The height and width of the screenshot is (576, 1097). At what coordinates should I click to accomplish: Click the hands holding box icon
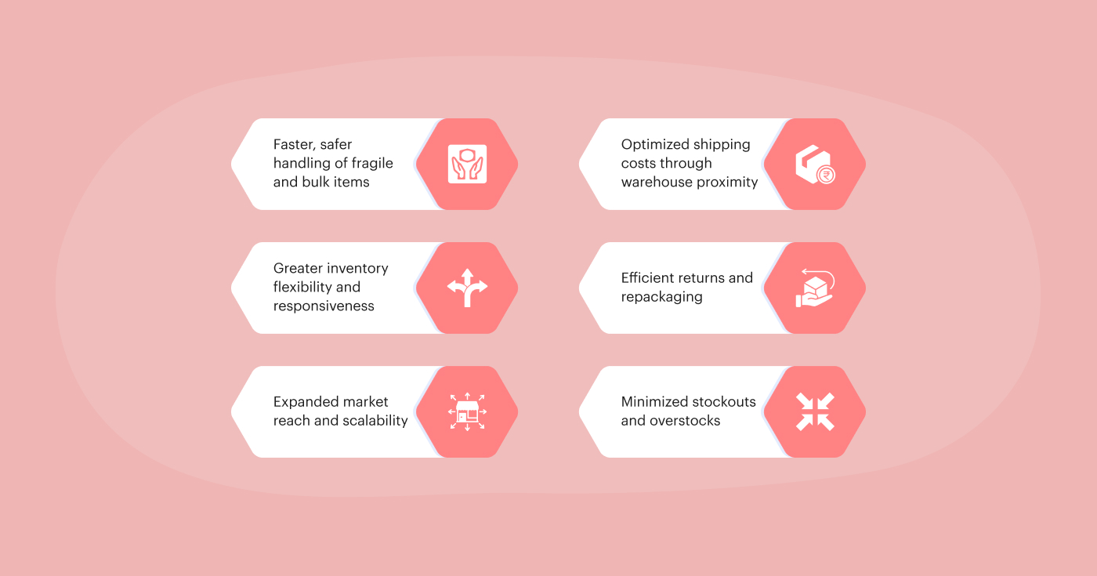[467, 164]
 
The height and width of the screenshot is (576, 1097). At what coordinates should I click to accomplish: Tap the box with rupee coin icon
[815, 165]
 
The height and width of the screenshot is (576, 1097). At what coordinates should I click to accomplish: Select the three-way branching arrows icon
[467, 288]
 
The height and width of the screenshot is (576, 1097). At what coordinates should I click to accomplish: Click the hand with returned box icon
[815, 288]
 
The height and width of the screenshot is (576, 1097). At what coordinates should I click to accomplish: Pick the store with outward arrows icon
[467, 411]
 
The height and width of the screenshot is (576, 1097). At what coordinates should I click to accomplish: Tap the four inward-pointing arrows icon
[815, 411]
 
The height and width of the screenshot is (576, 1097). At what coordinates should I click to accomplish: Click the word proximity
[726, 183]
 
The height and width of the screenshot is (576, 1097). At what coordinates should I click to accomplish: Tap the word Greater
[297, 269]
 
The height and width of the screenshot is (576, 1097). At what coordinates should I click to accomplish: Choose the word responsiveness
[324, 306]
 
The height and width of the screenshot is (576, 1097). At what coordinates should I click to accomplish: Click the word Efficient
[647, 278]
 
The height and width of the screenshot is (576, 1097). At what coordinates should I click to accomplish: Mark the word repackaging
[661, 297]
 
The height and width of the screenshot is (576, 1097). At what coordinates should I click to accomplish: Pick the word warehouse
[654, 183]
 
